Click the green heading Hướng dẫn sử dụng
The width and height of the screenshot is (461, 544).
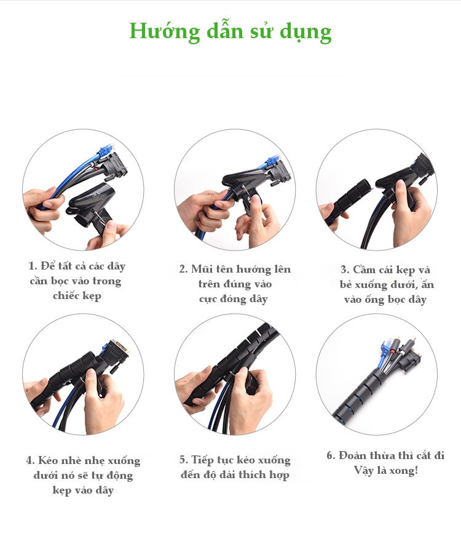point(230,31)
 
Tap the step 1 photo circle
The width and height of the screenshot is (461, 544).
point(83,190)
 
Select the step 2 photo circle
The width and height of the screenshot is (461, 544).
point(234,190)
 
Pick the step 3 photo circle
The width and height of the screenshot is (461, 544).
point(377,190)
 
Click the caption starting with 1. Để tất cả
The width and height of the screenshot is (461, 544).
point(77,281)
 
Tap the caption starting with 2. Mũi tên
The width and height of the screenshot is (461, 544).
point(235,284)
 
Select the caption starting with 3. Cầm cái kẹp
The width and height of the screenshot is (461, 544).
point(384,284)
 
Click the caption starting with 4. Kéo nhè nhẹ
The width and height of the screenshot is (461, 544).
point(83,475)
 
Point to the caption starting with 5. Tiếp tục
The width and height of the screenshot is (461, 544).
point(235,468)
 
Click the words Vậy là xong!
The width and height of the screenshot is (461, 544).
point(385,471)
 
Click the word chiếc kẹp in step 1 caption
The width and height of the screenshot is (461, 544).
point(77,296)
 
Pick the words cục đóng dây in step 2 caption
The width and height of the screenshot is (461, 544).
point(234,299)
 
